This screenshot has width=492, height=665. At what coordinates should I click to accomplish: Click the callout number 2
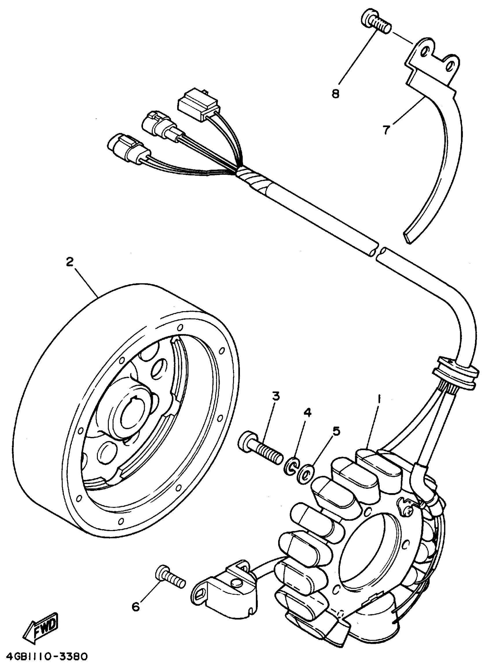click(69, 262)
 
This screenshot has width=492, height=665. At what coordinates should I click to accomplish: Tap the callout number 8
click(336, 94)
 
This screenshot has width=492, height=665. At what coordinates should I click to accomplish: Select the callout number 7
click(386, 130)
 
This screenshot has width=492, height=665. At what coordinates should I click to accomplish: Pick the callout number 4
click(307, 412)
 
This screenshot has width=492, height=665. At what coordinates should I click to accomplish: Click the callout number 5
click(336, 431)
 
